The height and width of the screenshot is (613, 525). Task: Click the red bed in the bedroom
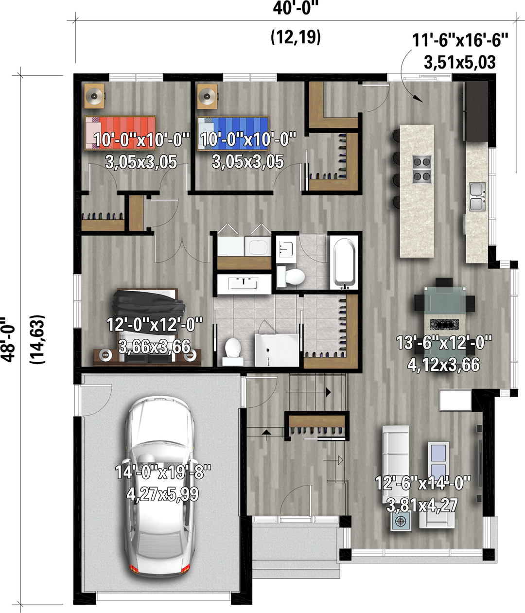pos(120,133)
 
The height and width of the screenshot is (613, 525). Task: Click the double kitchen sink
pos(477,196)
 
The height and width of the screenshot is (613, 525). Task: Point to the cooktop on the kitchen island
pos(421,169)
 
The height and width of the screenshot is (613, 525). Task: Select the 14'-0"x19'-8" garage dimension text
pos(163,472)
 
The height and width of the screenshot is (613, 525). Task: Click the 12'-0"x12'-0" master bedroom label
pos(154,324)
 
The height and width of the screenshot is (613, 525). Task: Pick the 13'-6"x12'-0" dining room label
pos(444,343)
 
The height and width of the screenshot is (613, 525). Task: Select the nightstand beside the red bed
pos(94,96)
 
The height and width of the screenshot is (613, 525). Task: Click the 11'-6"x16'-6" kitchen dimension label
pos(460,40)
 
